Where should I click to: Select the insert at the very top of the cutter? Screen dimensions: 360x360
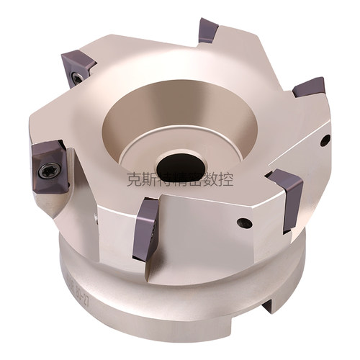pyautogui.click(x=209, y=30)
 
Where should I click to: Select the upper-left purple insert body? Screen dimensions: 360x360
pyautogui.click(x=78, y=67)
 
